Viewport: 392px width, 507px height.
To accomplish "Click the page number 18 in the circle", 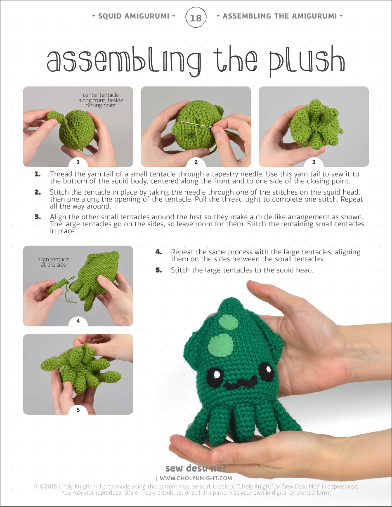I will tap(196, 18).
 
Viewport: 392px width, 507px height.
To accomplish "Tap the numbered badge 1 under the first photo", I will tap(78, 162).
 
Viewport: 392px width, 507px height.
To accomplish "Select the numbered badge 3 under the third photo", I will tap(314, 162).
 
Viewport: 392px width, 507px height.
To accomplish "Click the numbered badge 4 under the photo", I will tap(78, 321).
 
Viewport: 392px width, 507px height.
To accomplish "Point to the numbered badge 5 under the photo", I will tap(78, 409).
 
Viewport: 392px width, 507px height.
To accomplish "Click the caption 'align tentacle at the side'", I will tap(53, 262).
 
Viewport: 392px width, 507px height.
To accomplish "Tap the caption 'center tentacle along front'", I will tap(101, 100).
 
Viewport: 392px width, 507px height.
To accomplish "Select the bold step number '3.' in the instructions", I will tap(38, 217).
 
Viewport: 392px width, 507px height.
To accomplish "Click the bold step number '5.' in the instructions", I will tap(159, 270).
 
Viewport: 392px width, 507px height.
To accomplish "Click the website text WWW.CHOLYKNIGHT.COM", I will tap(196, 478).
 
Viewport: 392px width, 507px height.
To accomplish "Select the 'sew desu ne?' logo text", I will tap(196, 468).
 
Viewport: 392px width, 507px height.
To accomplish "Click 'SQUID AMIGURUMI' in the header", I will tap(134, 16).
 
